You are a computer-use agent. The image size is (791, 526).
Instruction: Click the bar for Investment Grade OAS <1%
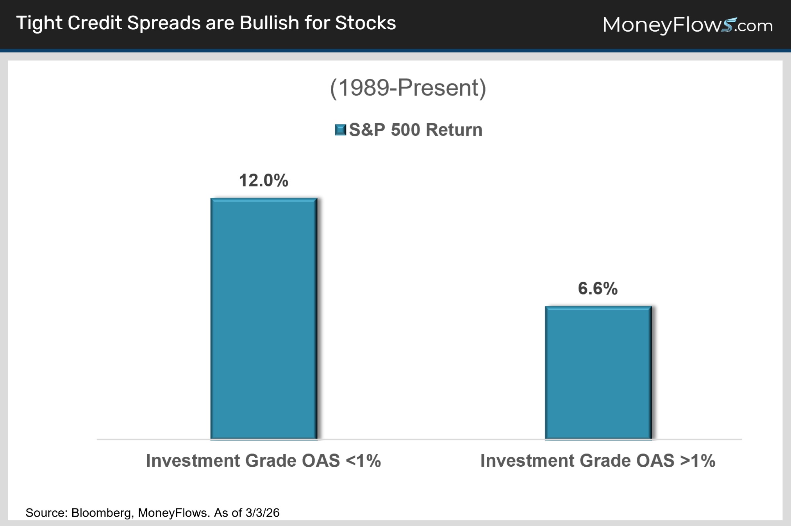pyautogui.click(x=264, y=318)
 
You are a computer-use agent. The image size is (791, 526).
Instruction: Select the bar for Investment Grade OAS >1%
pyautogui.click(x=598, y=373)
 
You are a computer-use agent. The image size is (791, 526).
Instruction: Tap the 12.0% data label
pyautogui.click(x=263, y=181)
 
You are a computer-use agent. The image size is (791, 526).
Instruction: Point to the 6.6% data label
pyautogui.click(x=598, y=289)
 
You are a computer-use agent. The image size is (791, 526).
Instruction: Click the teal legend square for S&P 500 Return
pyautogui.click(x=340, y=130)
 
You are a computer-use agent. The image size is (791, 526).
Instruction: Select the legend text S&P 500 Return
pyautogui.click(x=416, y=130)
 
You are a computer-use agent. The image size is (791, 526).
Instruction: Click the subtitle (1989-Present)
pyautogui.click(x=408, y=88)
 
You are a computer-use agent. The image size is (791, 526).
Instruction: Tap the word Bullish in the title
pyautogui.click(x=269, y=23)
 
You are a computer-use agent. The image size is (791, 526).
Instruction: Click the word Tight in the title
pyautogui.click(x=39, y=23)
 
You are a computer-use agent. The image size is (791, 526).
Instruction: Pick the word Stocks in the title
pyautogui.click(x=365, y=23)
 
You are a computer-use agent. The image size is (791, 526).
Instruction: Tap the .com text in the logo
pyautogui.click(x=755, y=26)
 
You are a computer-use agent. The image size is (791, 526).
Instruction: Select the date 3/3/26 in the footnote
pyautogui.click(x=262, y=513)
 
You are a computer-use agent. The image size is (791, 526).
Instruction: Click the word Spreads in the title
pyautogui.click(x=163, y=23)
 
